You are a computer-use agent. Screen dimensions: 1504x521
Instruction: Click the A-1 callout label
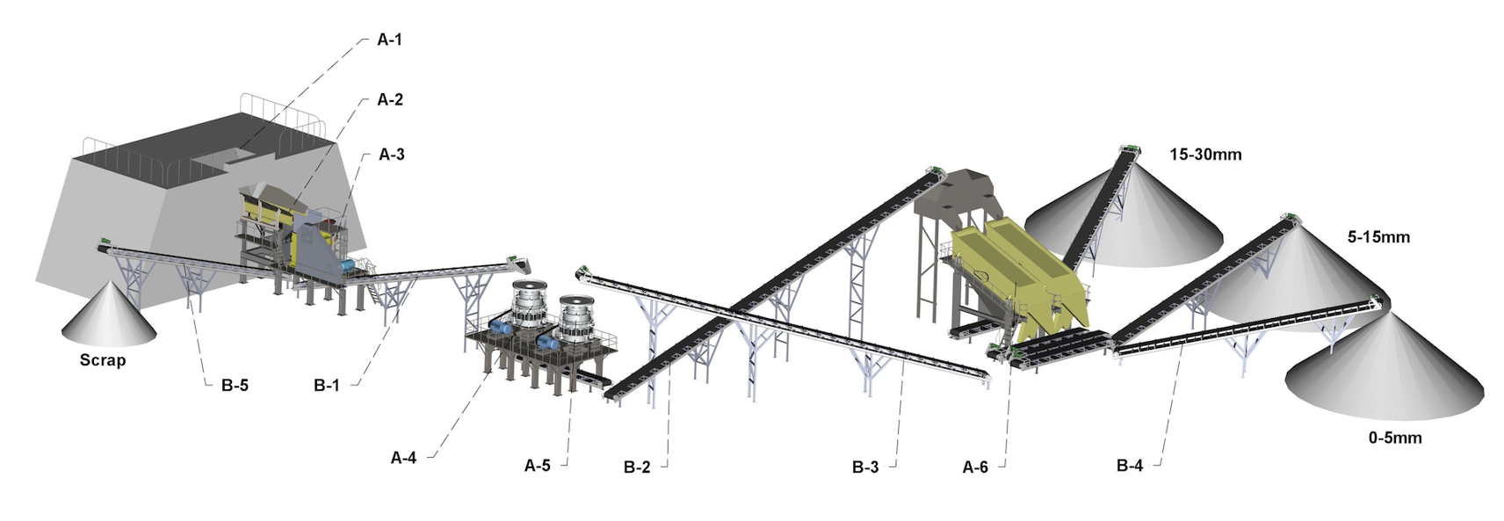click(x=389, y=40)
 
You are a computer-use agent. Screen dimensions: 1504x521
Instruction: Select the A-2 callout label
click(x=390, y=100)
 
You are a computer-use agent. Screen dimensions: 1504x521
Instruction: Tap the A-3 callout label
click(x=392, y=156)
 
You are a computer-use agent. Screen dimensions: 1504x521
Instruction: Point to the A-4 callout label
click(x=403, y=458)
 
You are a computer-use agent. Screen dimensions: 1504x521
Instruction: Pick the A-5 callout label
click(x=537, y=466)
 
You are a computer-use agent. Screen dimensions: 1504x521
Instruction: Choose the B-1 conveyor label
click(x=326, y=386)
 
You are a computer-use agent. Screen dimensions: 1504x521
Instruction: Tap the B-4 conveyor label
click(x=1130, y=466)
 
